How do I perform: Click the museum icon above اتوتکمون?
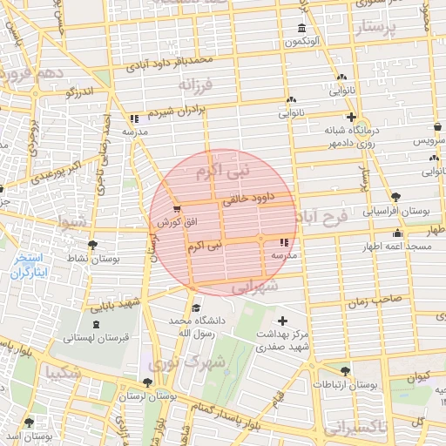tap(301, 28)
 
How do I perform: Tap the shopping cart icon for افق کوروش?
tap(178, 209)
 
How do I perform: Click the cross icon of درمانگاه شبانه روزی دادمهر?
tap(351, 117)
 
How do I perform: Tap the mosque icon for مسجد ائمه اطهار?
tap(398, 233)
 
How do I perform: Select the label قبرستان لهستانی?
tap(99, 337)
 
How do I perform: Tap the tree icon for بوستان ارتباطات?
tap(346, 371)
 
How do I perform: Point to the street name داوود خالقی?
tap(249, 198)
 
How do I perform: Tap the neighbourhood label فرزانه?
tap(196, 86)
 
